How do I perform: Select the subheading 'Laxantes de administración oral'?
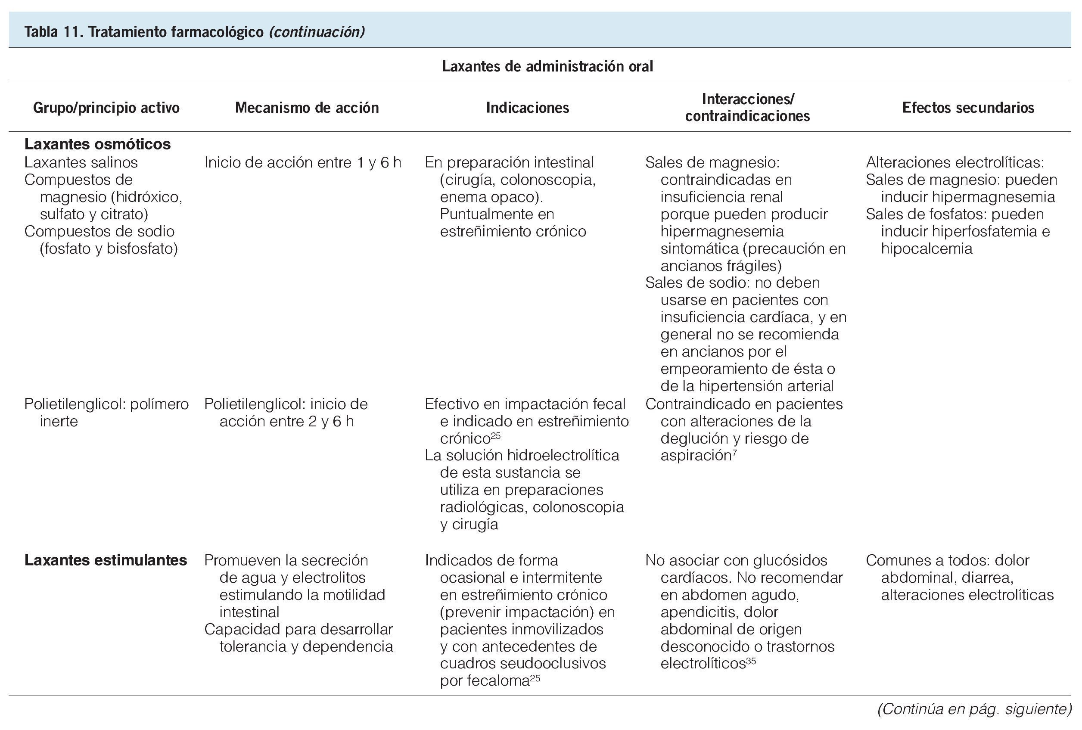pos(547,67)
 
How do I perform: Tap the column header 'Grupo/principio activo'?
pos(106,108)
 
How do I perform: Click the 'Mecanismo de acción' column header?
pos(307,108)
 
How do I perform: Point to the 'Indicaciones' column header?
pos(528,108)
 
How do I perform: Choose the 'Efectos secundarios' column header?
pos(968,108)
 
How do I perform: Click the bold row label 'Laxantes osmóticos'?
pos(97,144)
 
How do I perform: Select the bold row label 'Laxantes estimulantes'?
pos(106,560)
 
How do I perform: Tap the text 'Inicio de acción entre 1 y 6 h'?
pos(303,162)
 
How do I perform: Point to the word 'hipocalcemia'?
pos(927,249)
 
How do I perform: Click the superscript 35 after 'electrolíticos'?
pos(751,661)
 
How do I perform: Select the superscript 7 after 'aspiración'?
pos(734,453)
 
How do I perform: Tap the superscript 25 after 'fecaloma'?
pos(535,678)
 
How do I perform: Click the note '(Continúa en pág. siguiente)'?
pos(974,709)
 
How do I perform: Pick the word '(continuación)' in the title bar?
pos(317,32)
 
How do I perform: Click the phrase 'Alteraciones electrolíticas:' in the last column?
pos(955,162)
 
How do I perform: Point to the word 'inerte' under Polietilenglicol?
pos(59,421)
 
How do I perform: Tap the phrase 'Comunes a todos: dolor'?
pos(948,560)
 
